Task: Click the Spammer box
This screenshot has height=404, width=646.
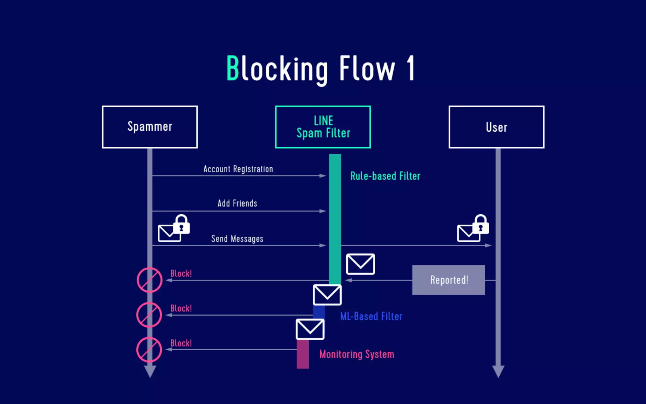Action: coord(150,127)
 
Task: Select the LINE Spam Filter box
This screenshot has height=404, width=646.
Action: coord(323,127)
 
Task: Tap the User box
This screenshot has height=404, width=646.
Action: coord(496,127)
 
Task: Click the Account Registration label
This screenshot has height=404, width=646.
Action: coord(238,169)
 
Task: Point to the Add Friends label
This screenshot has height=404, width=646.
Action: coord(237,203)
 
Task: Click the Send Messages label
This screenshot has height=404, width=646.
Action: coord(237,239)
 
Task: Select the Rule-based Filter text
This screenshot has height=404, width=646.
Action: coord(385,176)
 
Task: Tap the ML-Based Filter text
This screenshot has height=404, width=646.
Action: coord(371,316)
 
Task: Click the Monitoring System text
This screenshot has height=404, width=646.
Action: coord(357,354)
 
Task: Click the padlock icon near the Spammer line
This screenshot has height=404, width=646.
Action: coord(181,224)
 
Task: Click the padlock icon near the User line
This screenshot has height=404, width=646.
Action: coord(481,224)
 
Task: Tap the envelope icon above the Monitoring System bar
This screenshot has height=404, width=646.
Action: coord(310,329)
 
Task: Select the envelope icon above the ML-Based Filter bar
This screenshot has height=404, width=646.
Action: coord(327,295)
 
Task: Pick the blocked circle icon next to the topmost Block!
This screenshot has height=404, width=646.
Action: coord(150,280)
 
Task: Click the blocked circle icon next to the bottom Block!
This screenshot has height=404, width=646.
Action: coord(149,350)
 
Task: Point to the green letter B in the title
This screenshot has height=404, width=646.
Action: coord(233,68)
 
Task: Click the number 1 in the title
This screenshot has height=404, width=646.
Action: coord(410,68)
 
